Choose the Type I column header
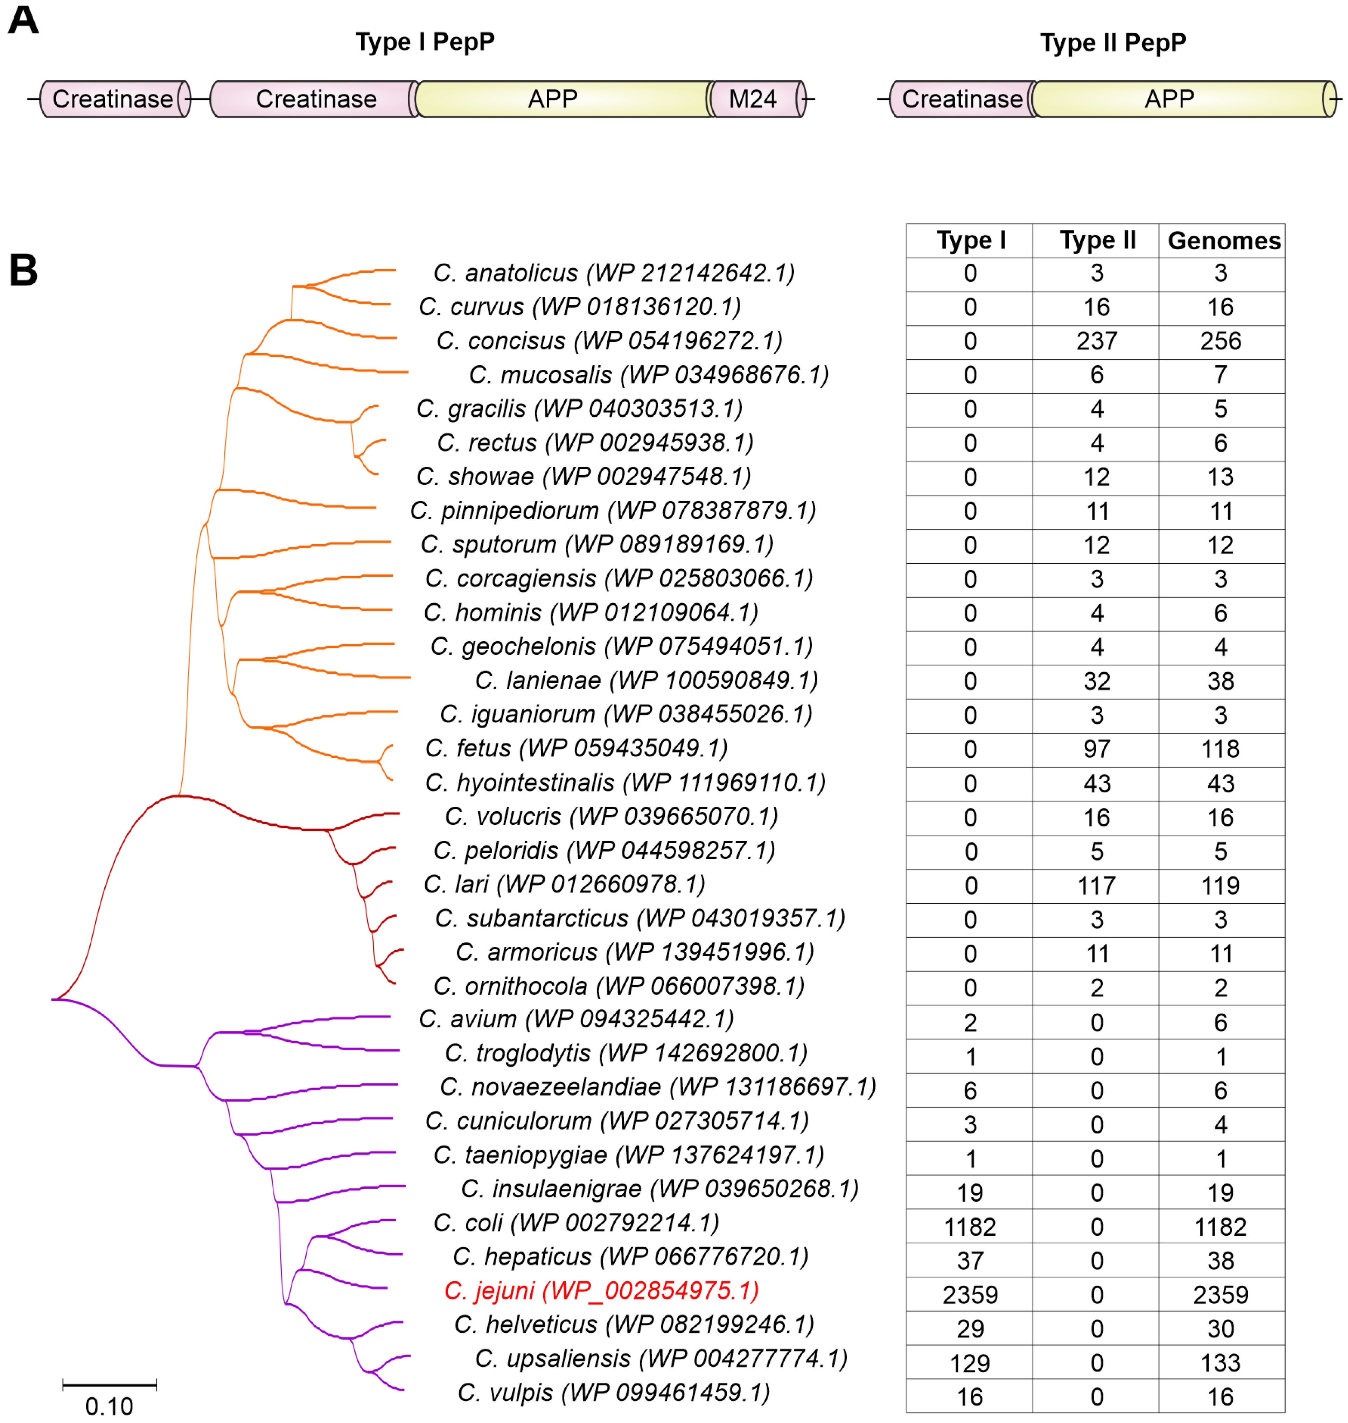coord(971,240)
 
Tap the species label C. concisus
coord(609,341)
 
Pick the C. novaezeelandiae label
coord(657,1087)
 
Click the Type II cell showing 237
coord(1097,341)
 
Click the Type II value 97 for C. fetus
coord(1097,749)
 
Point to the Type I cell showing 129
coord(970,1363)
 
